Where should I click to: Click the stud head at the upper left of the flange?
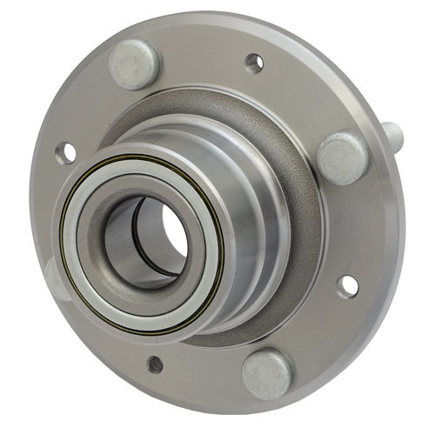pos(134,64)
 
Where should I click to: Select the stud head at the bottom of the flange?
pos(267,373)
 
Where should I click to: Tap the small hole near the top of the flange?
pos(254,63)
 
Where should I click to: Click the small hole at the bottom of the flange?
pos(155,364)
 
